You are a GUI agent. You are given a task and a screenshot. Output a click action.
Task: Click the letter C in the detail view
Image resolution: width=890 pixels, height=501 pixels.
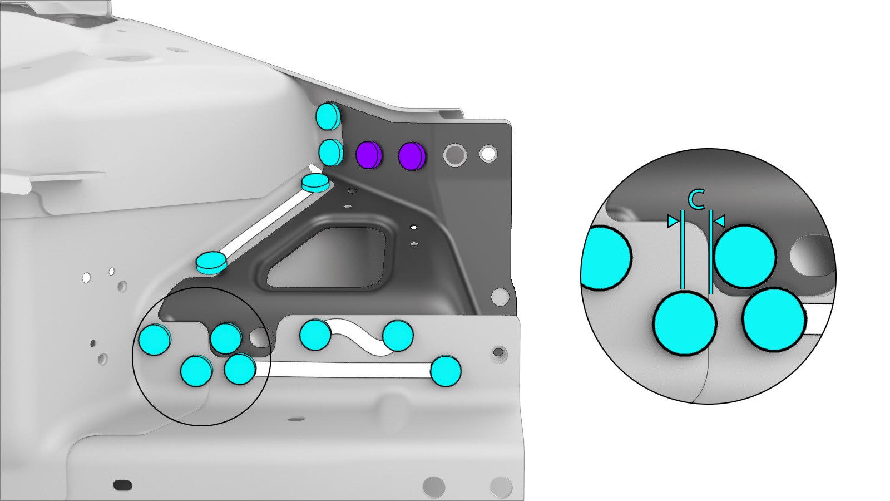click(696, 200)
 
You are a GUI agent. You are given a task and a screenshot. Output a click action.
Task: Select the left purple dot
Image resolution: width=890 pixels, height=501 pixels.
click(369, 155)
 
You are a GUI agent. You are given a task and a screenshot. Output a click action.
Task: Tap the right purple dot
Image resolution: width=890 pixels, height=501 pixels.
click(412, 156)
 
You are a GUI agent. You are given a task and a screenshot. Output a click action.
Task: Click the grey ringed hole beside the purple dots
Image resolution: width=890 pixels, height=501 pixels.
click(455, 155)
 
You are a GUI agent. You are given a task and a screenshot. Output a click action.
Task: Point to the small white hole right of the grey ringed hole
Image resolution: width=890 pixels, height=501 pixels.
click(488, 154)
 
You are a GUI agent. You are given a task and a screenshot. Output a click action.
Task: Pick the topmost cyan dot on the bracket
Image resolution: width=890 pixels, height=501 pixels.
click(328, 116)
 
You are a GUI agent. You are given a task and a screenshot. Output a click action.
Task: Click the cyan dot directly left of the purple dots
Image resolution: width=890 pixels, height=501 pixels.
click(331, 153)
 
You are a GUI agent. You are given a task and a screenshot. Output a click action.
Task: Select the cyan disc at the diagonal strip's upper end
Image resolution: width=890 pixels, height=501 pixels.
click(315, 183)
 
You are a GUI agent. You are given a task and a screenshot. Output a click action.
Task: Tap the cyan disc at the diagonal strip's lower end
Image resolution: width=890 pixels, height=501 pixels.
click(211, 263)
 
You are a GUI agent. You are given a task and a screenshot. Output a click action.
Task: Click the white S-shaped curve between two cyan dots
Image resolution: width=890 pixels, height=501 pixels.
click(357, 336)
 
